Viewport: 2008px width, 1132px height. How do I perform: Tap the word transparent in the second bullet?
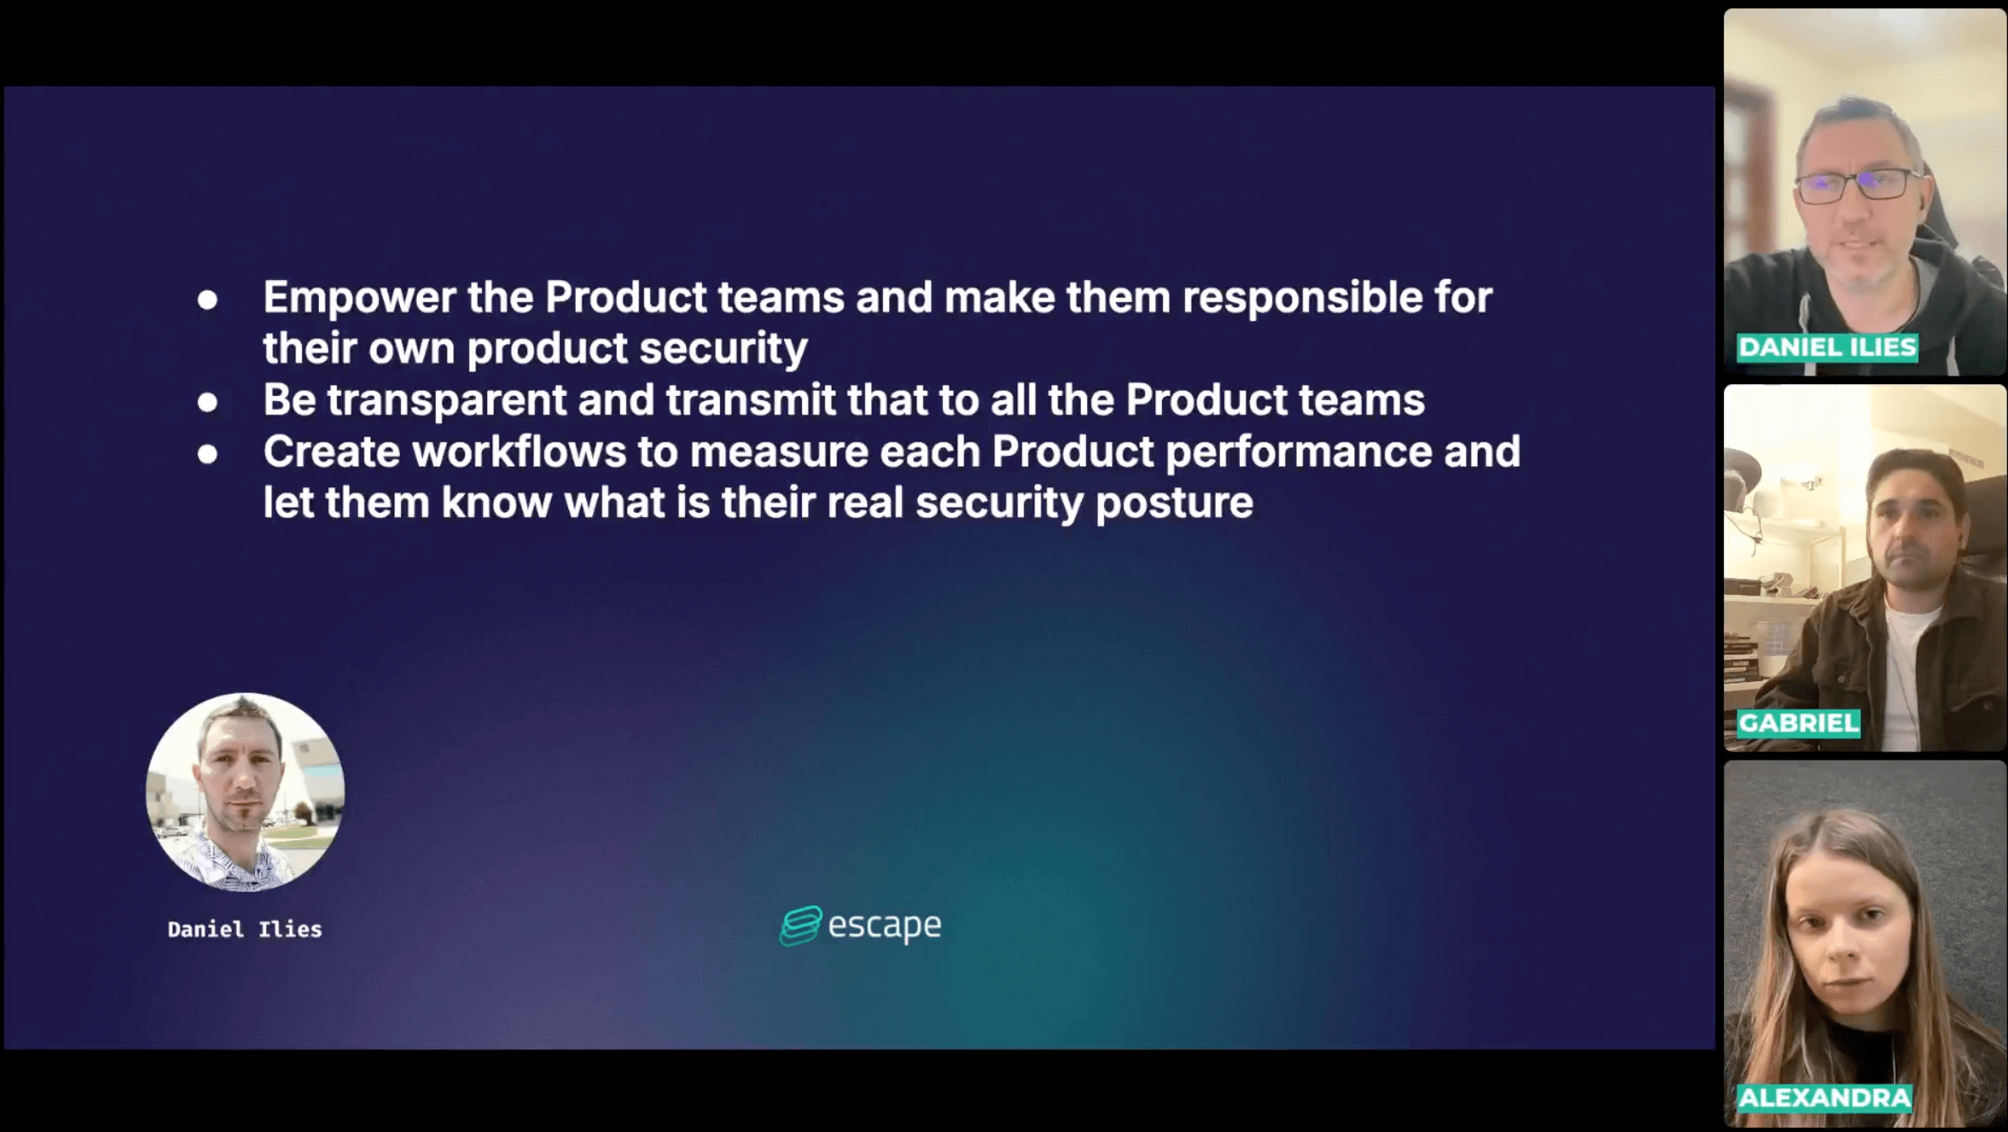coord(447,400)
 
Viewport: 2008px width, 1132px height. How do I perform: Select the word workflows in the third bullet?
coord(519,452)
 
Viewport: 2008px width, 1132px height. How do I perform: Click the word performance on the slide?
coord(1298,453)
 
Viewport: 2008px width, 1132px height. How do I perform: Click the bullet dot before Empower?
coord(207,299)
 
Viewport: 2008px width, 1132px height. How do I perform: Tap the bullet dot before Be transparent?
coord(207,403)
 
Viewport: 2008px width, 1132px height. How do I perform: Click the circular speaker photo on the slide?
coord(245,792)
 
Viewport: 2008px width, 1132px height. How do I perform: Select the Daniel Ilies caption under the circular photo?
coord(245,930)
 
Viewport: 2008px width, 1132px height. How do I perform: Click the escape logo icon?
coord(800,926)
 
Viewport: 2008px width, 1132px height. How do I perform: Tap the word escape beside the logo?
coord(884,926)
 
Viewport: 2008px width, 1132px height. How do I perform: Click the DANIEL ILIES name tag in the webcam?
coord(1827,348)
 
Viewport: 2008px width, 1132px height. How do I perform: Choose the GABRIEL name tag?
coord(1798,723)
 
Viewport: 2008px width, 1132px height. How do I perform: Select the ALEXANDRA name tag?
coord(1824,1098)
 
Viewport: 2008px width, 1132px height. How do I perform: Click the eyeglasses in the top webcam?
coord(1859,186)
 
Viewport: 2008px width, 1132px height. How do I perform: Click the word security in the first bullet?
coord(723,349)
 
